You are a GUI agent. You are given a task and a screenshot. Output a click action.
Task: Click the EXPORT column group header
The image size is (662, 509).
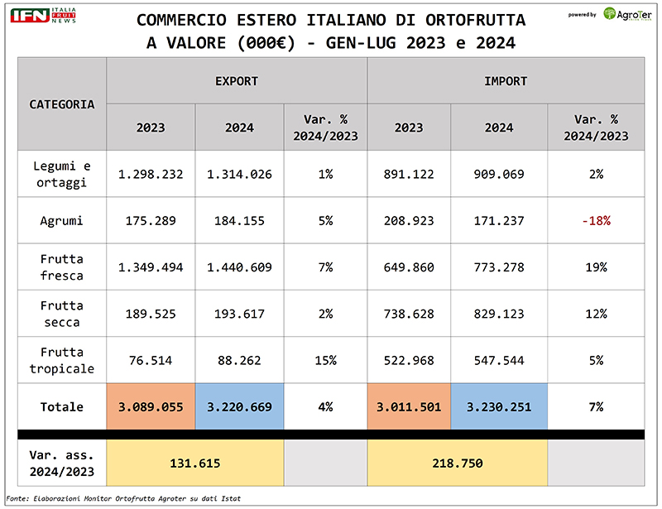coord(237,81)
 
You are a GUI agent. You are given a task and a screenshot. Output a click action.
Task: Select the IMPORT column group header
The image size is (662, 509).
coord(506,81)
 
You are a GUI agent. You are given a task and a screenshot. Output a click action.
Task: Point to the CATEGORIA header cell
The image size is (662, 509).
coord(62,104)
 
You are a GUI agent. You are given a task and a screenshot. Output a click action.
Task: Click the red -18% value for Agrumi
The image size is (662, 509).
coord(597,221)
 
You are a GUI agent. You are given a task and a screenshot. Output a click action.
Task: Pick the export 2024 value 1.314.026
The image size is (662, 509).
coord(239,175)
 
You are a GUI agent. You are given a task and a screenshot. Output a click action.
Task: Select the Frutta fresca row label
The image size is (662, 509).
coord(62,267)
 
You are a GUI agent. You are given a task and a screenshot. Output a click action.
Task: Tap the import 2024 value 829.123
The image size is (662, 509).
coord(499,314)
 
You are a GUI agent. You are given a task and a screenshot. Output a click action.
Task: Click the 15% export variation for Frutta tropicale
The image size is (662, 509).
coord(325,360)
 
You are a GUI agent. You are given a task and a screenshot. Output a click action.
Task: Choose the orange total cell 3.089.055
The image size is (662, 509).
coord(151,406)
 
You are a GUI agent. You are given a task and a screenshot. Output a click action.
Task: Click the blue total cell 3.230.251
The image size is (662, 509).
coord(499,406)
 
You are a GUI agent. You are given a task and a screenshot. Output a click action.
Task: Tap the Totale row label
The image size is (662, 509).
coord(62,406)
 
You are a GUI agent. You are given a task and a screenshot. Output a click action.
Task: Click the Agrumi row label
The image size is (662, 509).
coord(62,221)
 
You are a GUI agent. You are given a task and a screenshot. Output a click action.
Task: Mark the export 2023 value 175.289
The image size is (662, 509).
coord(151,221)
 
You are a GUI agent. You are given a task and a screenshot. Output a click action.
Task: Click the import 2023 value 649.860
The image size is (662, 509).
coord(409,267)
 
